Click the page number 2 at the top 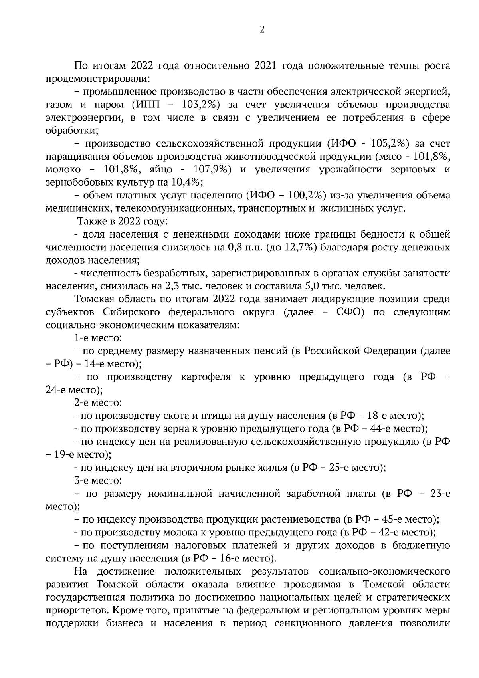[x=262, y=30]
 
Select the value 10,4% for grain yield [x=184, y=182]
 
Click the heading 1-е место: [x=98, y=338]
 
